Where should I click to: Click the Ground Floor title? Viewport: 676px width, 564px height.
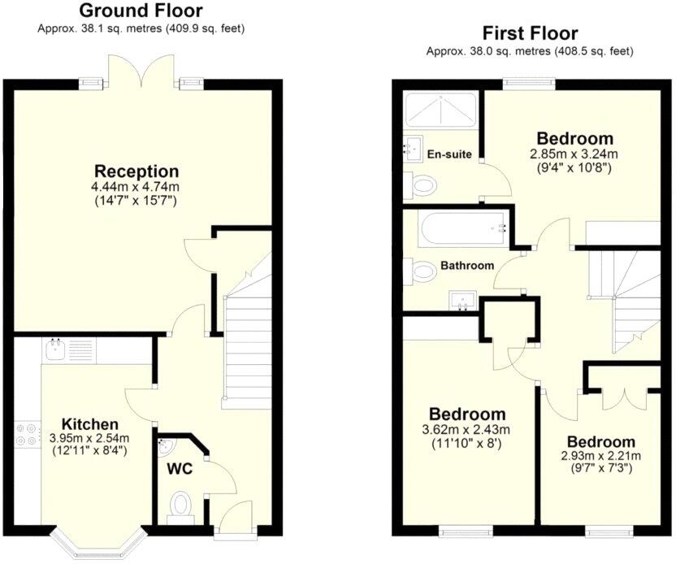tap(141, 11)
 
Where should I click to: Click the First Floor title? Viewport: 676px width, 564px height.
tap(530, 33)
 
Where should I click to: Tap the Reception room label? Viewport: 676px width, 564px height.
tap(136, 171)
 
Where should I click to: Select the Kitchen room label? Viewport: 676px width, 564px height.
tap(90, 424)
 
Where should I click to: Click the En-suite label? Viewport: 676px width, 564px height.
tap(444, 153)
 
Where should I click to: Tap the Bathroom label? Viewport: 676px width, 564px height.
tap(467, 266)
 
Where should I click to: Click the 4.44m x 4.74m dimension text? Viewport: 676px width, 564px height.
tap(136, 186)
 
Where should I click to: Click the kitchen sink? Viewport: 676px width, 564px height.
tap(56, 350)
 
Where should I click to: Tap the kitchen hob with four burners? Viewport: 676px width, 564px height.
tap(25, 435)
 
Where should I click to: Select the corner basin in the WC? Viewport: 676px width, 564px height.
tap(167, 445)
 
